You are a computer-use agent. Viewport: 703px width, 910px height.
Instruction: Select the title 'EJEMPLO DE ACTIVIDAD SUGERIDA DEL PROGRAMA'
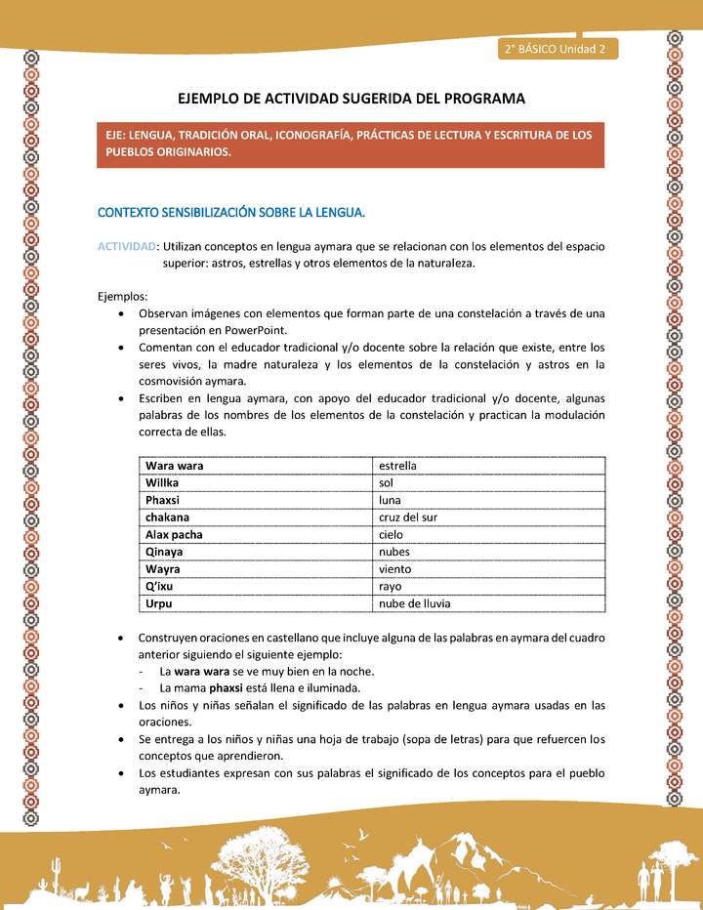coord(351,99)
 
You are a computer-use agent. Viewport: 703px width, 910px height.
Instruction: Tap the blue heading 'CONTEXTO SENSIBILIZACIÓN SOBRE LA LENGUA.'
coord(231,212)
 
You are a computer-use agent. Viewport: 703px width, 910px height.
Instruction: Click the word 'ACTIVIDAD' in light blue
coord(127,246)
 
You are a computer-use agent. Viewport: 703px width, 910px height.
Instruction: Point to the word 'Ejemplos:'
coord(123,296)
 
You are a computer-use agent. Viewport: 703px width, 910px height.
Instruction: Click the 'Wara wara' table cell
coord(175,466)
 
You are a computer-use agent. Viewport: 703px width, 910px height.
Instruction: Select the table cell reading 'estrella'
coord(397,466)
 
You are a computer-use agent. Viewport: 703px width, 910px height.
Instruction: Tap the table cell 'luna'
coord(390,500)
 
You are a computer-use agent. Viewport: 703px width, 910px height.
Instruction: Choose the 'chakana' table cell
coord(168,517)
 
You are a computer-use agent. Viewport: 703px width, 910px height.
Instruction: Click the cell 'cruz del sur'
coord(409,517)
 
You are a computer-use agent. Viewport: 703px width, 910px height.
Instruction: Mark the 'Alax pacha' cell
coord(174,535)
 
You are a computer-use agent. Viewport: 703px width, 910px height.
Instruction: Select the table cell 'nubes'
coord(394,552)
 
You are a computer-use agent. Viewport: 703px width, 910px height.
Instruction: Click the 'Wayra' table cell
coord(163,569)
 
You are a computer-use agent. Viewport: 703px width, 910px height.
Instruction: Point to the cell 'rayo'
coord(390,587)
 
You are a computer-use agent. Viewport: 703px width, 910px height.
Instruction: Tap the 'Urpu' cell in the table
coord(159,603)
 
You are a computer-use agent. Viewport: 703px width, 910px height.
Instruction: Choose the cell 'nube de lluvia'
coord(414,603)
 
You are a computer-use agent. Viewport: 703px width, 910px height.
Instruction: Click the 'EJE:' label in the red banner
coord(118,135)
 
